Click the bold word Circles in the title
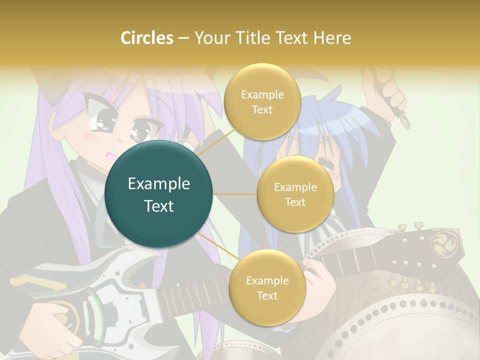pyautogui.click(x=146, y=37)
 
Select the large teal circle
pyautogui.click(x=158, y=194)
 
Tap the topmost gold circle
pyautogui.click(x=261, y=101)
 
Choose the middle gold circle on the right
pyautogui.click(x=295, y=194)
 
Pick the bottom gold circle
pyautogui.click(x=266, y=287)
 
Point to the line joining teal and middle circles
pyautogui.click(x=235, y=194)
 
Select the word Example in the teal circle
pyautogui.click(x=158, y=183)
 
